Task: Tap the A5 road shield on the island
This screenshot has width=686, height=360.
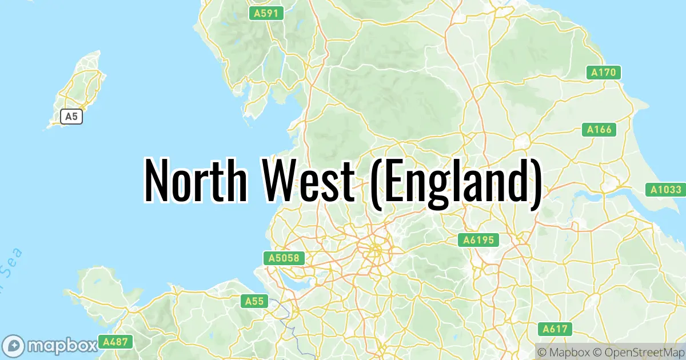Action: (71, 117)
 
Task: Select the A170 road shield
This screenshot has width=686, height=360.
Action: (604, 73)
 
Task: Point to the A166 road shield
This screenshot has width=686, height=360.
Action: (599, 130)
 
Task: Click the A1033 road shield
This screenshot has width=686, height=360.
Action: (667, 189)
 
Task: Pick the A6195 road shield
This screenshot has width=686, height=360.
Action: (478, 240)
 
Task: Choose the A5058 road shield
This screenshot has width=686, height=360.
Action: (284, 258)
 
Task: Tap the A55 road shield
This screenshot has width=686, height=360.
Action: (254, 301)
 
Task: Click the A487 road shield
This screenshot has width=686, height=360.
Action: (115, 342)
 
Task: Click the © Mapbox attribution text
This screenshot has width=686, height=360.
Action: (563, 351)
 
